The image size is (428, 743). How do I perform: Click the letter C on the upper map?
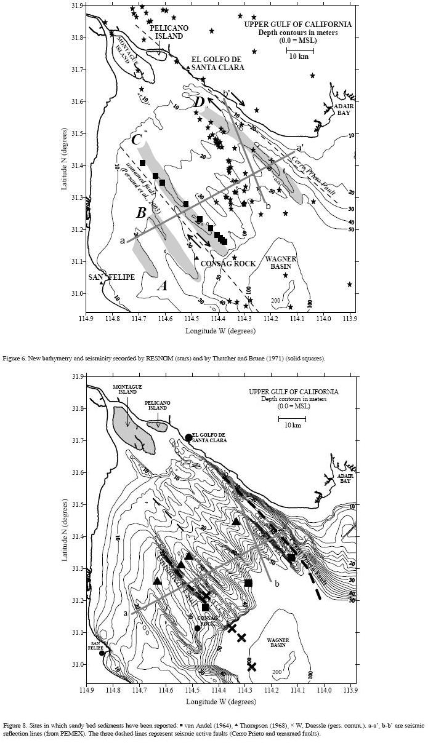(137, 140)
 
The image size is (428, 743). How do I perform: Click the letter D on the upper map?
(198, 101)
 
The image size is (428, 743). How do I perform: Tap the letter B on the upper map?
(141, 213)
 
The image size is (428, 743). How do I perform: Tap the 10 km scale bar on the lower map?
(292, 420)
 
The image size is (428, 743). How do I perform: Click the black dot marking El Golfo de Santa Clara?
(188, 438)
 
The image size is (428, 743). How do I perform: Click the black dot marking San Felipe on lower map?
(102, 653)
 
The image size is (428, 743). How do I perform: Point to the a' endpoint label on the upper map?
(299, 148)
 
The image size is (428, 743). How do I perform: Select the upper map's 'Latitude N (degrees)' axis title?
(65, 158)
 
